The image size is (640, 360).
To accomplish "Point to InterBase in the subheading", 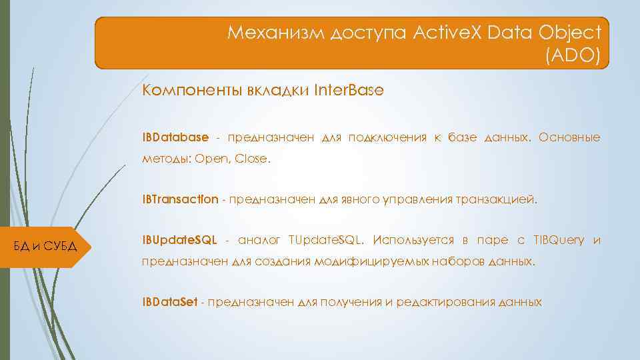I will pos(349,91).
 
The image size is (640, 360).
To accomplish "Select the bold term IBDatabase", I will pos(175,137).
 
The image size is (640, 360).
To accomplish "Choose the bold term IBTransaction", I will pos(180,199).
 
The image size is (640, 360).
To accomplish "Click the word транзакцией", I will pos(498,199).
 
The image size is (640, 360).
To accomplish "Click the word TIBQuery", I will pos(558,240).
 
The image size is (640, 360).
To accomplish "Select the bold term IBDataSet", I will pos(169,302).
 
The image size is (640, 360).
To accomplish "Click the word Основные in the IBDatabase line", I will pos(569,137).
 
